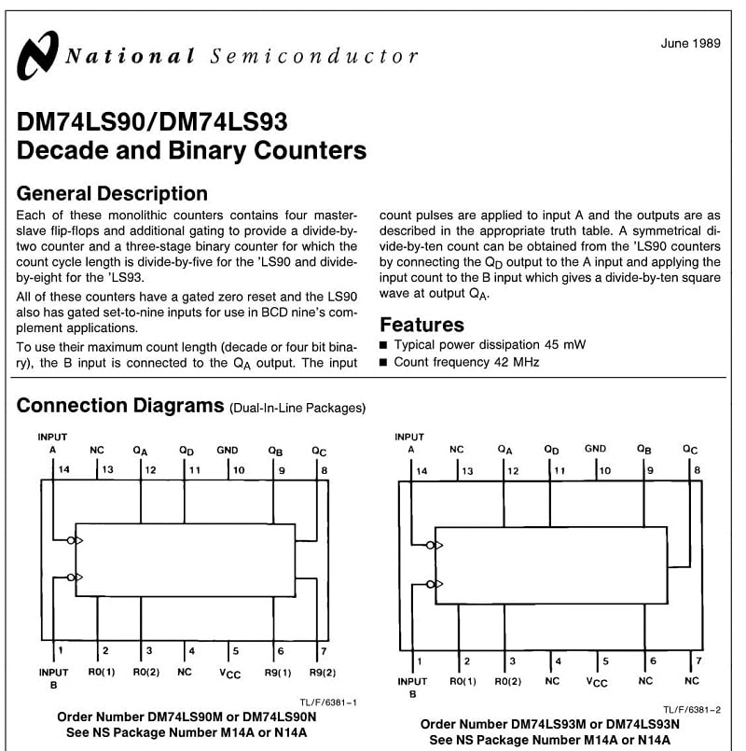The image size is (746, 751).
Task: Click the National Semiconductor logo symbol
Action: tap(38, 56)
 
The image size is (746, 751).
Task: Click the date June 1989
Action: tap(690, 44)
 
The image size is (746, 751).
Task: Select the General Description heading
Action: tap(112, 194)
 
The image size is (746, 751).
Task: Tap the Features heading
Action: tap(421, 325)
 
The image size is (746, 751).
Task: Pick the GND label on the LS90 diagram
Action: tap(227, 451)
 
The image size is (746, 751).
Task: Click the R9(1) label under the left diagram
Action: tap(278, 673)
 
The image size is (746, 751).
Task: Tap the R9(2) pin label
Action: tap(323, 673)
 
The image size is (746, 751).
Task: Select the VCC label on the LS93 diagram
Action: tap(597, 682)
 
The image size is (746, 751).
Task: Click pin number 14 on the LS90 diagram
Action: tap(63, 470)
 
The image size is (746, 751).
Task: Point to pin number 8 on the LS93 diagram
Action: tap(698, 470)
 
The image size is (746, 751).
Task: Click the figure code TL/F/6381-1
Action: tap(328, 702)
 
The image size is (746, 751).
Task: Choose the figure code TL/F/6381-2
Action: tap(691, 710)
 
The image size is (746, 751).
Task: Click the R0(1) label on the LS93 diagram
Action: tap(463, 682)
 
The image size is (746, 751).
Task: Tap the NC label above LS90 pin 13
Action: tap(97, 451)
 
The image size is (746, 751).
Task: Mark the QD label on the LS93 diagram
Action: tap(551, 451)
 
